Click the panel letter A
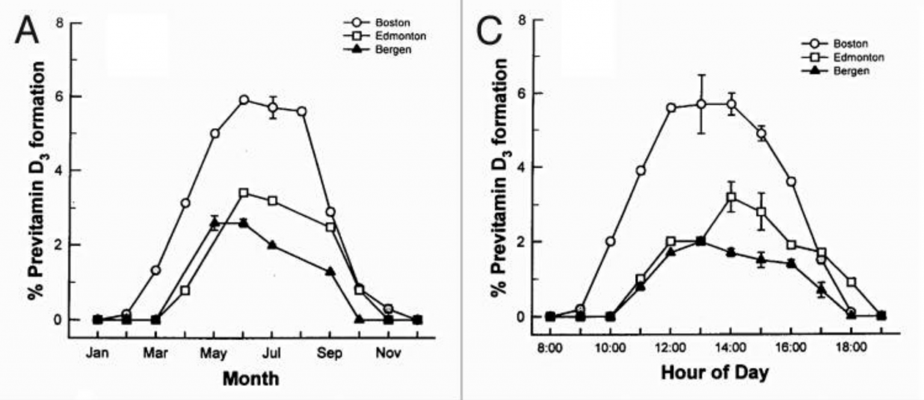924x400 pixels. [x=26, y=31]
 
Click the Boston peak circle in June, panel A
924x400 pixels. [x=244, y=100]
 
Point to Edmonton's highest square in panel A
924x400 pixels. [x=244, y=192]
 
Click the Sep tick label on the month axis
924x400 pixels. [x=330, y=354]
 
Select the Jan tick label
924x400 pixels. [x=97, y=354]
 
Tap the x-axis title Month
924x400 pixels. [x=251, y=379]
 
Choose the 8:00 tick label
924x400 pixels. [x=550, y=348]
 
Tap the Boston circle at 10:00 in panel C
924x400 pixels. [x=611, y=241]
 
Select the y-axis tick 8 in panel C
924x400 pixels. [x=523, y=20]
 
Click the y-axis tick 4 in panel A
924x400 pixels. [x=59, y=171]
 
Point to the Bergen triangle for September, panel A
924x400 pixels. [x=330, y=271]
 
